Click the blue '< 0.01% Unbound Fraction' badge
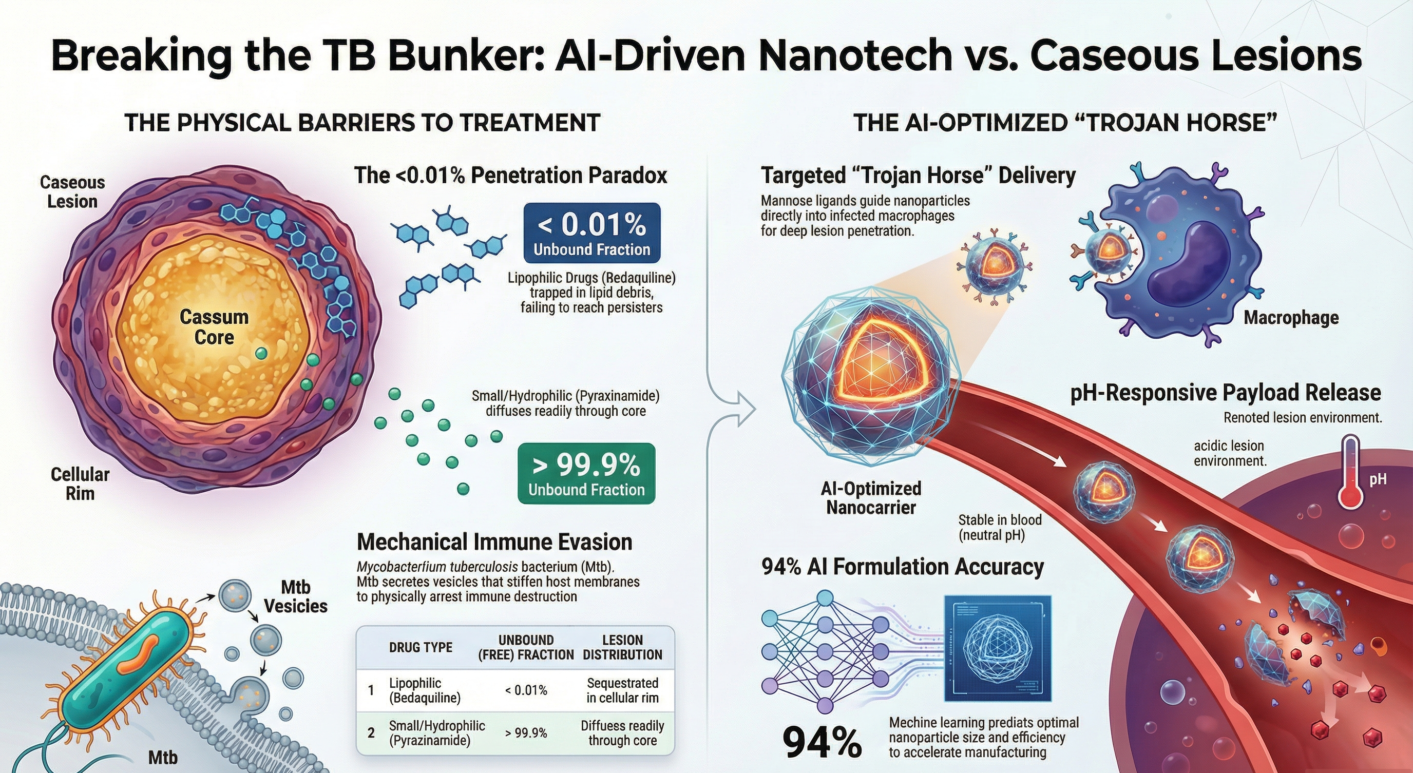592,233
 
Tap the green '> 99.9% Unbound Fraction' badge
586,474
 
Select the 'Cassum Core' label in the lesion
214,327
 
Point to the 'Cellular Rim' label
80,483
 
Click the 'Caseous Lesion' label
72,192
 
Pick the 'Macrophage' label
1291,317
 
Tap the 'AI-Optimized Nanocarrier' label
870,498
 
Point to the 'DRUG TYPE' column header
420,647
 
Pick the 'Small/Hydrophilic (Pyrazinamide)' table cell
436,733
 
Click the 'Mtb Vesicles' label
296,596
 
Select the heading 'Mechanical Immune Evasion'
494,542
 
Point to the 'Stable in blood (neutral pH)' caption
999,527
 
